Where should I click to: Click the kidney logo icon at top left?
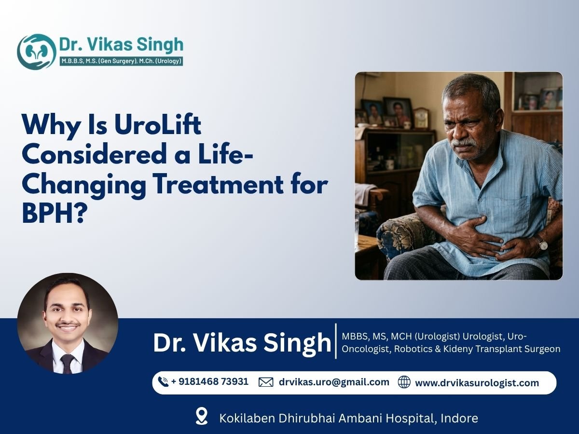36,51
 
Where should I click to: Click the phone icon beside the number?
164,382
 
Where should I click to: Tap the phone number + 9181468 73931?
209,381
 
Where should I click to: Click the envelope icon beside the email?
266,382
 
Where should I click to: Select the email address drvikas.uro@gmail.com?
334,382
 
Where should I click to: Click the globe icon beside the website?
404,382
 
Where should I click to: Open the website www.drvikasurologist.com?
477,383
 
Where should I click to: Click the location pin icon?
202,416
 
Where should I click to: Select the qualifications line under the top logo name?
120,61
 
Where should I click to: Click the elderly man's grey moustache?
464,143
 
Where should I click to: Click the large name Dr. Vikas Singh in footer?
242,342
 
